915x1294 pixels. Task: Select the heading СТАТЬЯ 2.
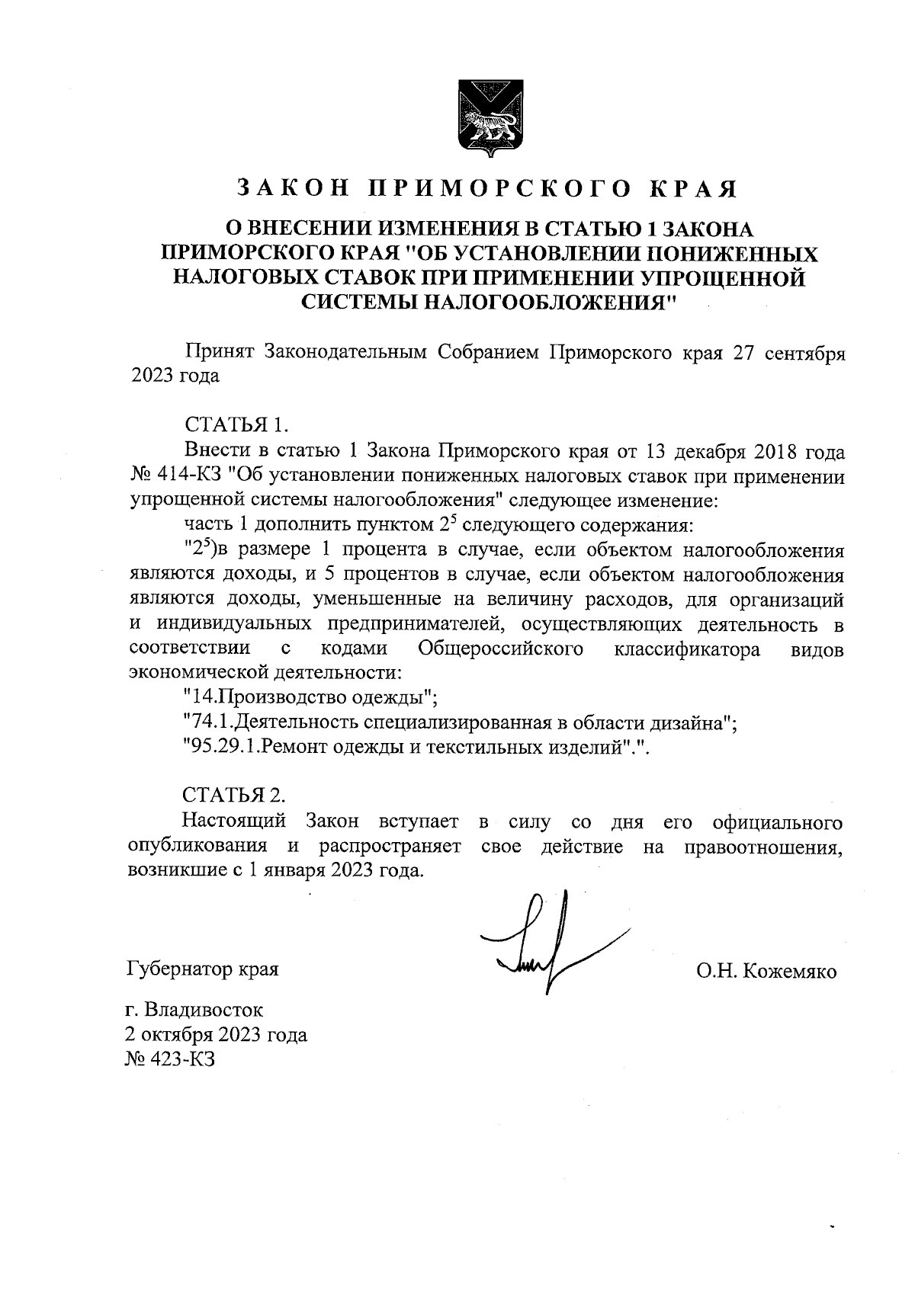(234, 795)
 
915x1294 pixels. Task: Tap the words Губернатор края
(202, 969)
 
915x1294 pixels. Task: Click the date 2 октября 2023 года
(217, 1035)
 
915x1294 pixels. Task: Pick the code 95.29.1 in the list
(222, 748)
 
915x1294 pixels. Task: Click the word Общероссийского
(501, 649)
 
